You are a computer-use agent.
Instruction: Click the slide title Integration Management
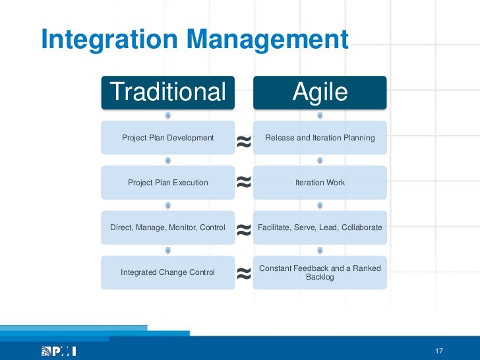tap(194, 40)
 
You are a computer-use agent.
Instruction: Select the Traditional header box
tap(167, 92)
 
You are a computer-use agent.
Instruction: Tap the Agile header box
tap(320, 92)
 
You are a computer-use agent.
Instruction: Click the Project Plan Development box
tap(167, 138)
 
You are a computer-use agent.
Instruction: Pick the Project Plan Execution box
tap(167, 183)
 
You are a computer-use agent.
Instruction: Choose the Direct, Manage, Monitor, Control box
tap(167, 227)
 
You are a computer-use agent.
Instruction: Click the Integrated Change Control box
tap(167, 272)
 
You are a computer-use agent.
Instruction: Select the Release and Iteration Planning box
tap(320, 138)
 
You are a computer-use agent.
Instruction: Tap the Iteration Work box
tap(320, 183)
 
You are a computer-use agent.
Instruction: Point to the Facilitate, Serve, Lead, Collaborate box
tap(320, 227)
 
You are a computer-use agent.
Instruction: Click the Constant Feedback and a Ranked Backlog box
tap(320, 272)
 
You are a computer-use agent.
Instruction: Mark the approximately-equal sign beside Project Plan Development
tap(243, 140)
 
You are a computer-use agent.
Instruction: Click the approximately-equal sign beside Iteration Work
tap(243, 183)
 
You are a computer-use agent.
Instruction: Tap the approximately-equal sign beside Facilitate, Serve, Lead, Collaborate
tap(243, 229)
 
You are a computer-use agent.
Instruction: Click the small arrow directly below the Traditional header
tap(167, 115)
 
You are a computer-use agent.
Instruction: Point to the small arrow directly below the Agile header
tap(320, 115)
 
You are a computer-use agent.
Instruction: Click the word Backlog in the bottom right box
tap(320, 278)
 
